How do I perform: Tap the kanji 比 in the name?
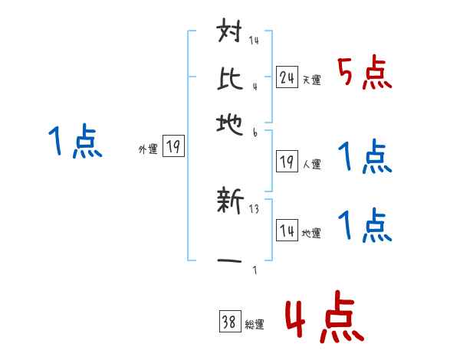coord(231,76)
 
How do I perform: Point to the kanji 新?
coord(231,204)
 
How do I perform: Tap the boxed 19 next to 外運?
coord(174,147)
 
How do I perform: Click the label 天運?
coord(311,79)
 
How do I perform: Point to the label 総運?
coord(255,325)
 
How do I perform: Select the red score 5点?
coord(364,74)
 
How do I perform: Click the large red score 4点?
coord(323,319)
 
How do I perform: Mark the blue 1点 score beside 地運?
coord(364,226)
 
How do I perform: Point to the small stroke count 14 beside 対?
coord(254,41)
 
